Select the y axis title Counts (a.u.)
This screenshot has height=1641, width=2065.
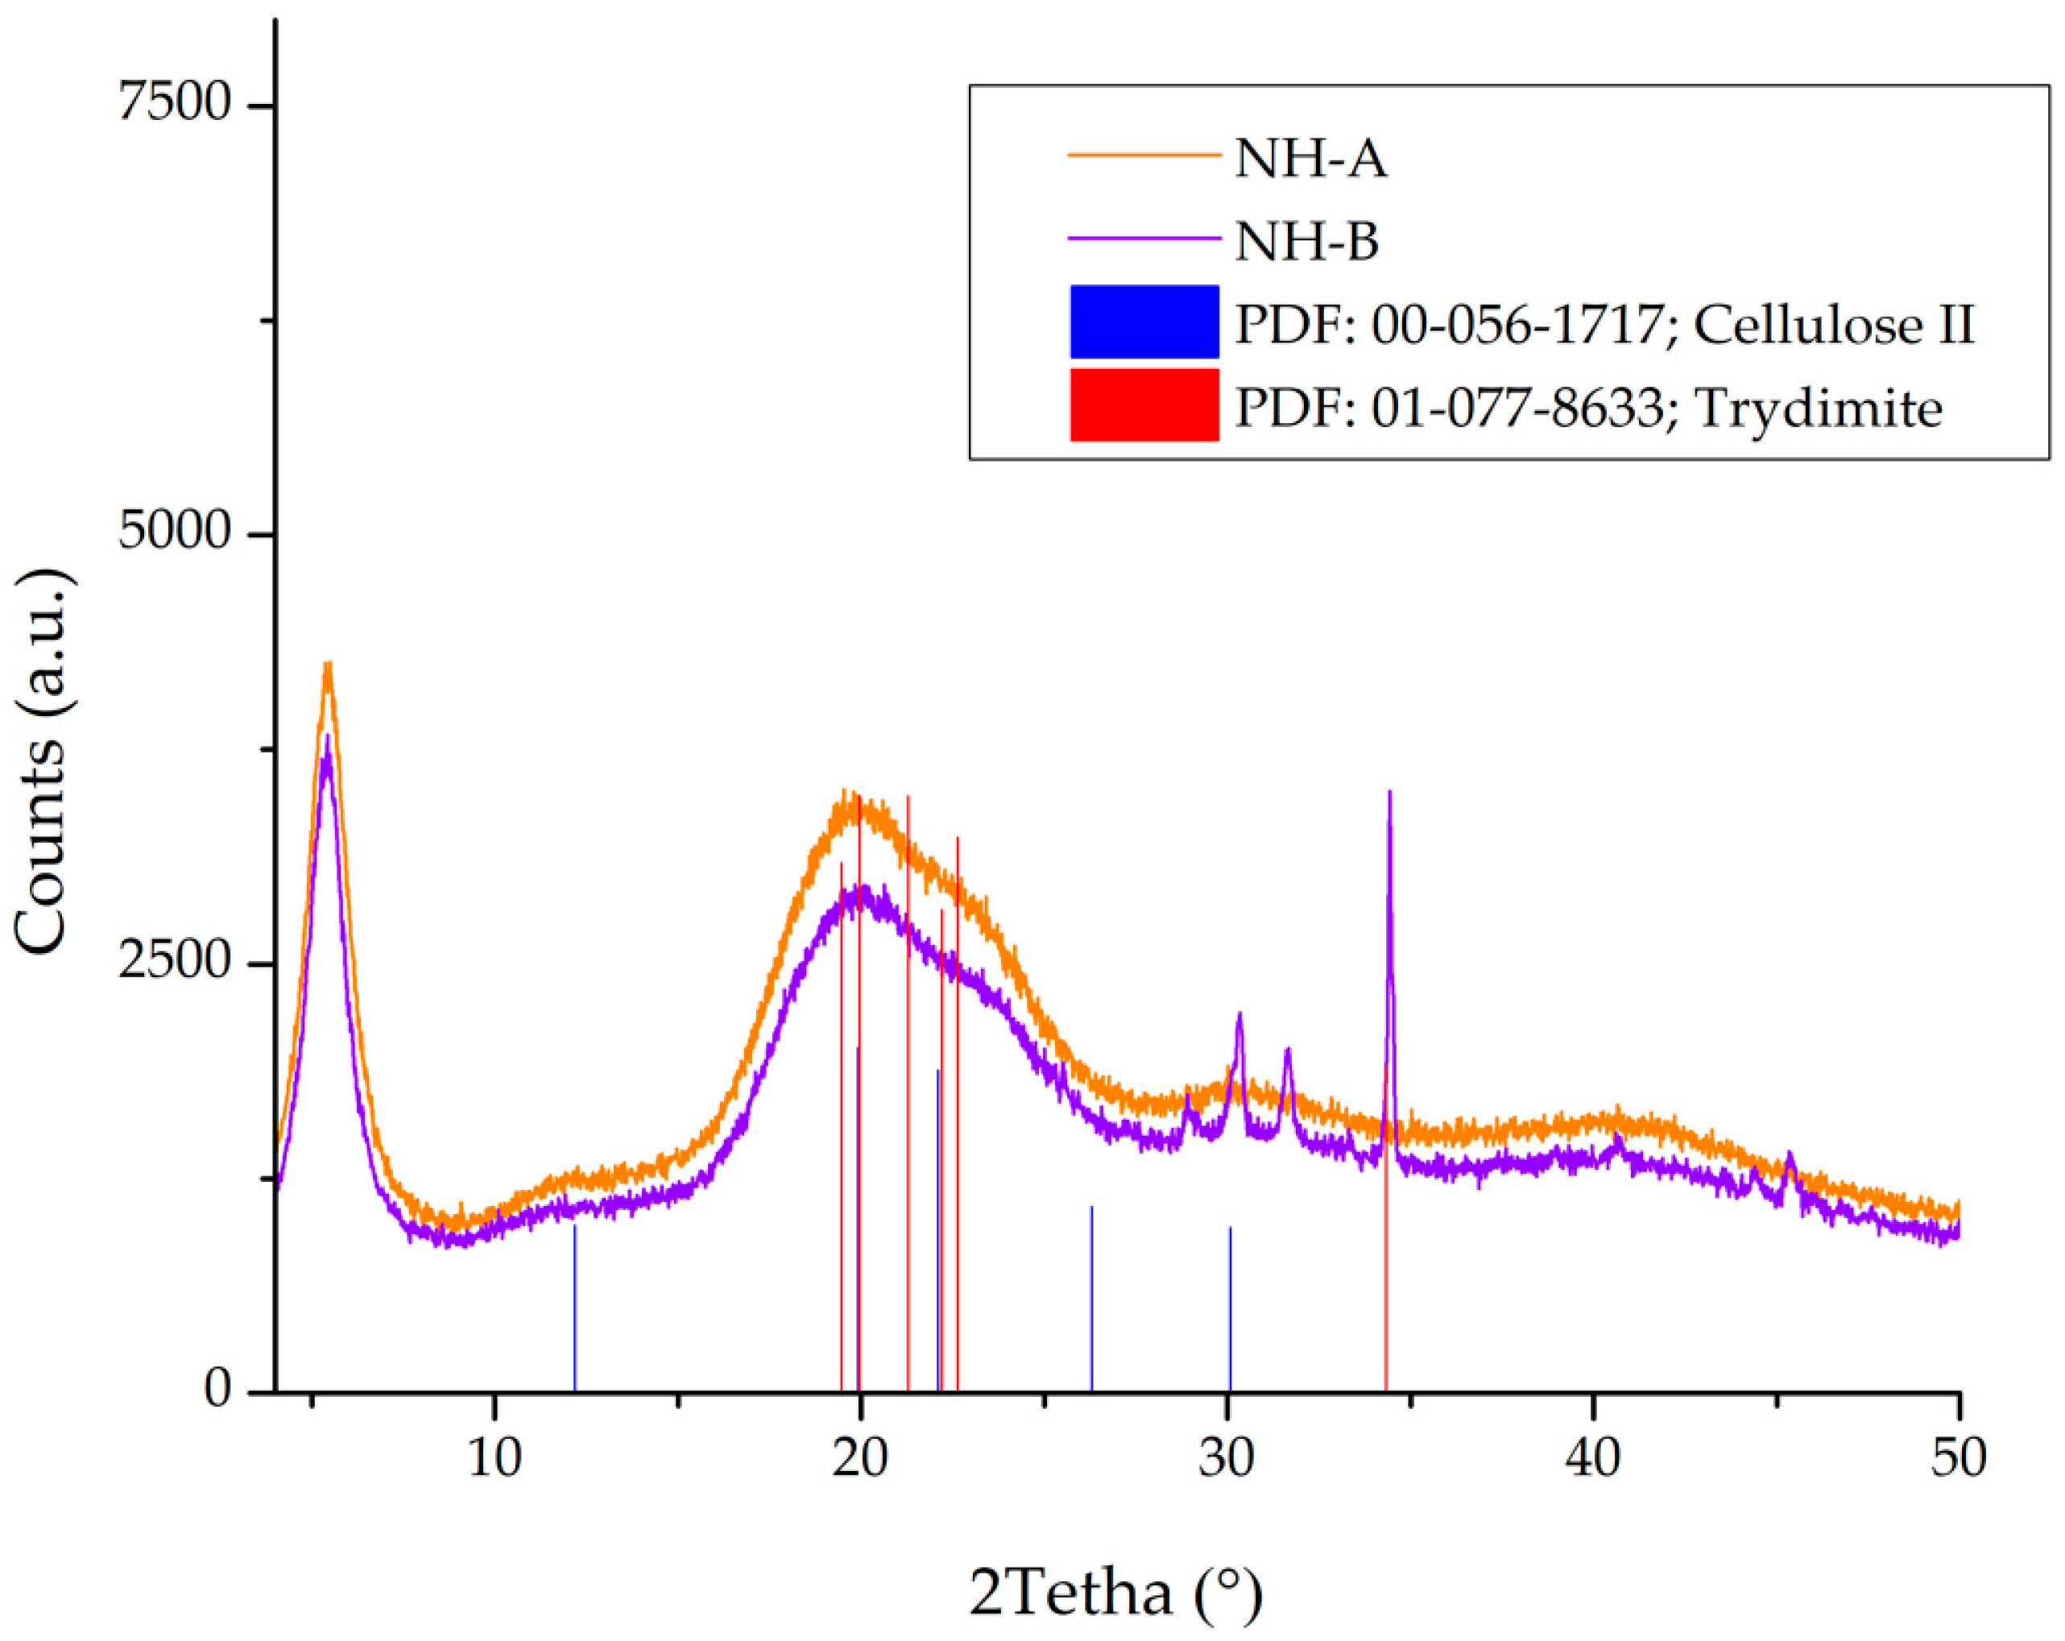coord(43,761)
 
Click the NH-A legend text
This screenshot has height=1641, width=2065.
coord(1310,159)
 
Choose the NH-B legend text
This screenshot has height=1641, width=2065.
coord(1306,242)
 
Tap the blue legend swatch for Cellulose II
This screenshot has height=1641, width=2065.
coord(1144,322)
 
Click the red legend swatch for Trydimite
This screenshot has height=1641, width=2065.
coord(1144,405)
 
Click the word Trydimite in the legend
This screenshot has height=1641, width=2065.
coord(1818,409)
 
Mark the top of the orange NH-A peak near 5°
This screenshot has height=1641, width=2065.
coord(328,665)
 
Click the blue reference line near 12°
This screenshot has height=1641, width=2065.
coord(575,1307)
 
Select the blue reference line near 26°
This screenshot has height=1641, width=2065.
coord(1091,1298)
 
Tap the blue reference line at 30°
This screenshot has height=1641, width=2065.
coord(1230,1307)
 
